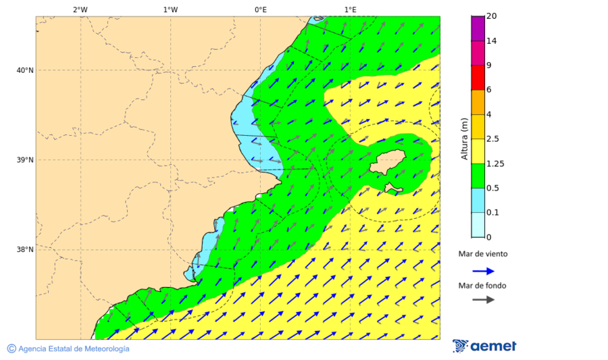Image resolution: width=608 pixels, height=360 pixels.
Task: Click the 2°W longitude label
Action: click(x=80, y=9)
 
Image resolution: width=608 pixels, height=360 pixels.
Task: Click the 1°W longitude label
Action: click(x=170, y=9)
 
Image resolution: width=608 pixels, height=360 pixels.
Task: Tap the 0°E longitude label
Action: click(x=260, y=9)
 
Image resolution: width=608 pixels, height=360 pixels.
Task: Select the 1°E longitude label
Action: click(x=351, y=9)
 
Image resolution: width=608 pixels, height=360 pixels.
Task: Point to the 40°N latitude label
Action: click(x=25, y=70)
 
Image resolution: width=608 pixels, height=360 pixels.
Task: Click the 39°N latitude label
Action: click(x=25, y=160)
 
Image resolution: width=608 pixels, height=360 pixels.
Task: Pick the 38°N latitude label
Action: click(x=25, y=249)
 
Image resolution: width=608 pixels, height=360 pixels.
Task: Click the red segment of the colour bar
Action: click(x=478, y=78)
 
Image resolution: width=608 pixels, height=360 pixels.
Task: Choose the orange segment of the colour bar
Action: click(x=478, y=102)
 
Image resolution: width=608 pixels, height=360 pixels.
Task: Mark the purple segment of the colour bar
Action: click(x=478, y=28)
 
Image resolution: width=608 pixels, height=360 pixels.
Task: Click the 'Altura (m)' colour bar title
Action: click(x=464, y=138)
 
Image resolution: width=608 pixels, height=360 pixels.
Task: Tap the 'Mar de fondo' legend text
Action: click(x=482, y=286)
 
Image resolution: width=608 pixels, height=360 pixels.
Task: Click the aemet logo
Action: click(x=484, y=346)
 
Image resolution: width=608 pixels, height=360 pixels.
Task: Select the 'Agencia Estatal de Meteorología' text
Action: click(x=73, y=349)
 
